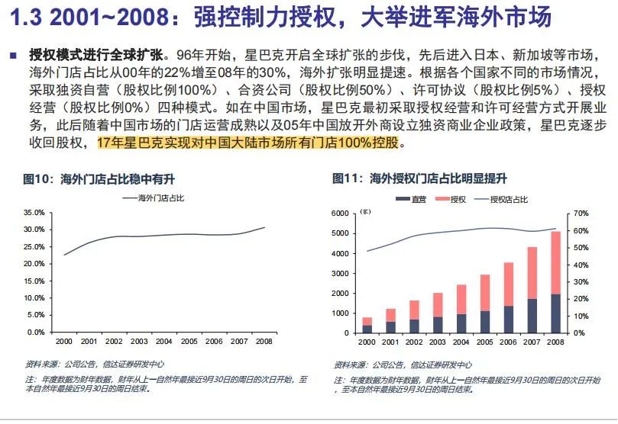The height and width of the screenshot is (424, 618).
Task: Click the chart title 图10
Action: [x=37, y=179]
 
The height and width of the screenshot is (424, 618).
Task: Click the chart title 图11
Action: [x=347, y=179]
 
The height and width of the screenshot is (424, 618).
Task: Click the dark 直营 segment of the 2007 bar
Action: [x=532, y=316]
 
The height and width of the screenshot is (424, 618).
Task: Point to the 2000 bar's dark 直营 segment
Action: [x=367, y=329]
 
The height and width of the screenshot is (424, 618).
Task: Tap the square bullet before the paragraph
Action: [x=13, y=56]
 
